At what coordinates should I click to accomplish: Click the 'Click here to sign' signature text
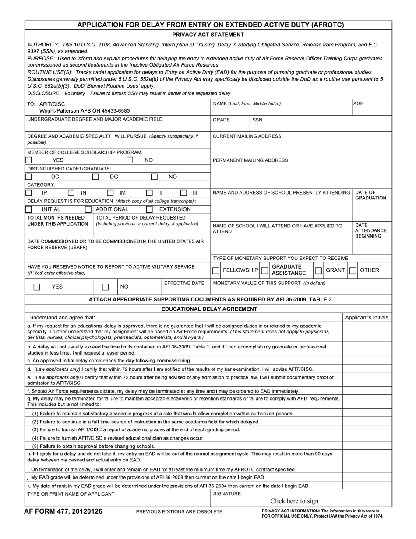point(294,501)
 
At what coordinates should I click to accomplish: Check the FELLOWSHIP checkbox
point(215,271)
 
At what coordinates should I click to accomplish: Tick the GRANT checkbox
point(318,271)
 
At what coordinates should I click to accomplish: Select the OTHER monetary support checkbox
point(353,271)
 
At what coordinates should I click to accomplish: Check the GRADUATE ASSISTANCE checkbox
point(264,271)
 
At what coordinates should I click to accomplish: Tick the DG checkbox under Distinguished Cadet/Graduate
point(95,177)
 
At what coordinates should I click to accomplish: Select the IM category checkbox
point(110,193)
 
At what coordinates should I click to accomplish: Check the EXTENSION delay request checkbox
point(149,209)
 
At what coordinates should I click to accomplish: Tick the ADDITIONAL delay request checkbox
point(88,209)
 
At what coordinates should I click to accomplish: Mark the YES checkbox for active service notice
point(37,287)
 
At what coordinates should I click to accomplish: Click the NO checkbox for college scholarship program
point(130,160)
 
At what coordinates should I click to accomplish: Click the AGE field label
point(358,104)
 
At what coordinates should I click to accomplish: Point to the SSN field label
point(257,120)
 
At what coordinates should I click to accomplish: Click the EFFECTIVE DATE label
point(184,283)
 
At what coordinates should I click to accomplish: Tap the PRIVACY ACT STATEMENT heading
point(208,35)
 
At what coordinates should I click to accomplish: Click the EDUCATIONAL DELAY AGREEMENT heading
point(209,309)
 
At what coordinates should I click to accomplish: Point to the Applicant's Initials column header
point(367,318)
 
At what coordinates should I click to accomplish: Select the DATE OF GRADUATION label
point(370,195)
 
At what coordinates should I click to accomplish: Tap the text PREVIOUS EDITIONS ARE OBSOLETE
point(179,512)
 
